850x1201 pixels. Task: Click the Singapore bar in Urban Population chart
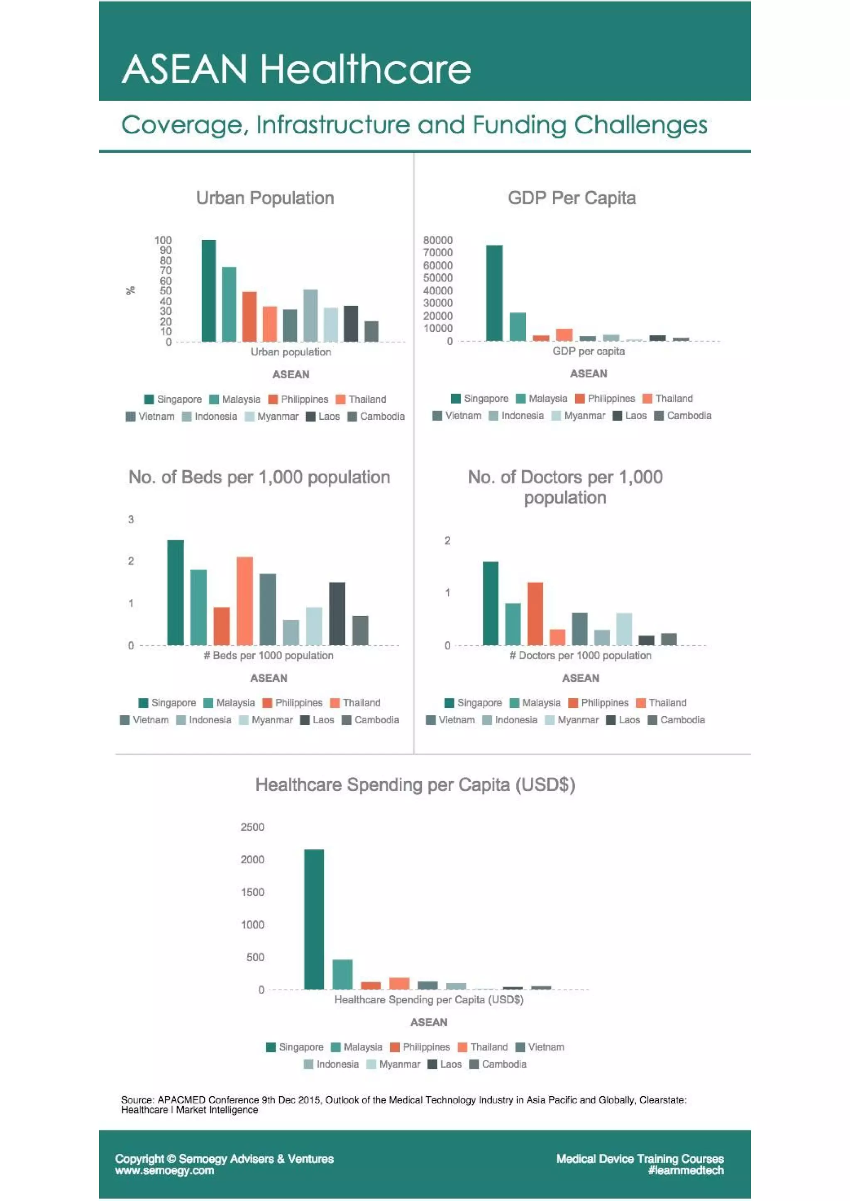[208, 291]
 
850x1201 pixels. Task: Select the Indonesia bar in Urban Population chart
[310, 316]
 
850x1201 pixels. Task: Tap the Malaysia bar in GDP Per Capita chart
[518, 327]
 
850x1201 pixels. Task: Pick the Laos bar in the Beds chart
[337, 614]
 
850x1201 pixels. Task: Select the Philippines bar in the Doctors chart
[535, 614]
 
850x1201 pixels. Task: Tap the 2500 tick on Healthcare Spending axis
[252, 827]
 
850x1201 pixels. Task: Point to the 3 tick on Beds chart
[131, 519]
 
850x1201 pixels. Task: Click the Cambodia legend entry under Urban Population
[376, 416]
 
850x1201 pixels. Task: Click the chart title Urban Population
[265, 198]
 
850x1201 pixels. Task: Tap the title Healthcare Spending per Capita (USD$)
[415, 785]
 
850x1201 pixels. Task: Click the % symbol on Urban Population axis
[131, 290]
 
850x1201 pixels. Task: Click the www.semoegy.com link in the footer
[164, 1171]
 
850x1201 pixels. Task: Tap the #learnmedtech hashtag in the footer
[686, 1171]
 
